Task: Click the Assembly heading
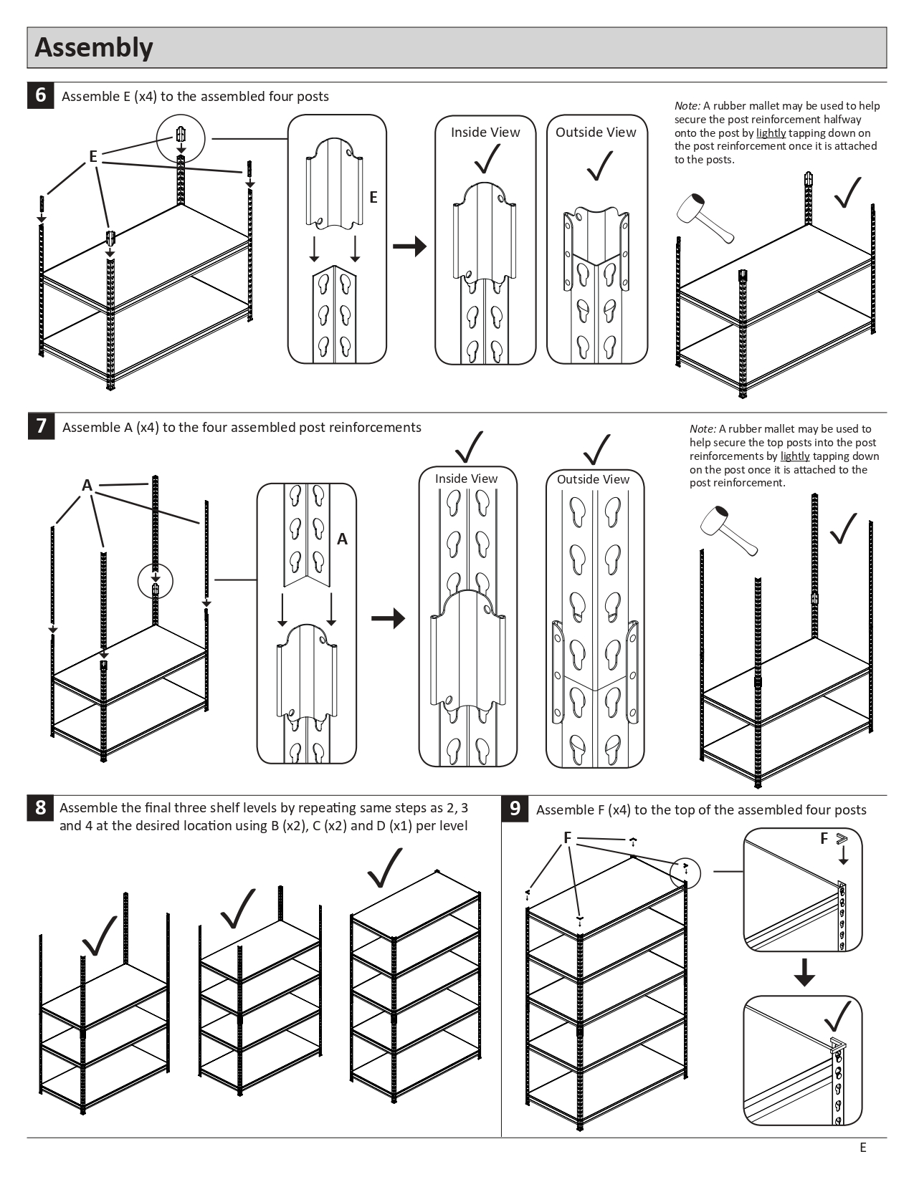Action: click(x=94, y=47)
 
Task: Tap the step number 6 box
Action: click(x=41, y=95)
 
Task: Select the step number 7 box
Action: click(x=41, y=426)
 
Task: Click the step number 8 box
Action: click(x=41, y=808)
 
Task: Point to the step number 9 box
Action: click(x=515, y=809)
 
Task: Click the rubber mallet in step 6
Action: click(x=705, y=218)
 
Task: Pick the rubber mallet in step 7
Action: click(x=728, y=530)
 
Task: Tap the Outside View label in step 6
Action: click(x=596, y=133)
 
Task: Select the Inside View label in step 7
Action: click(x=466, y=479)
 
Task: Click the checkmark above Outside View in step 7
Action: click(x=596, y=450)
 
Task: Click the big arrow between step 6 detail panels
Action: click(x=409, y=246)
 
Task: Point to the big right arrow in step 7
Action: click(x=388, y=618)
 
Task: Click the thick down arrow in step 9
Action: click(x=804, y=972)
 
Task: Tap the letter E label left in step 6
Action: click(x=93, y=156)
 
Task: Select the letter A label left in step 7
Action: click(x=87, y=486)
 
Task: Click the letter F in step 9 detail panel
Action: click(x=824, y=839)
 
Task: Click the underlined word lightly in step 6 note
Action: click(x=771, y=133)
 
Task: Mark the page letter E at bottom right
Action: click(x=863, y=1148)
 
